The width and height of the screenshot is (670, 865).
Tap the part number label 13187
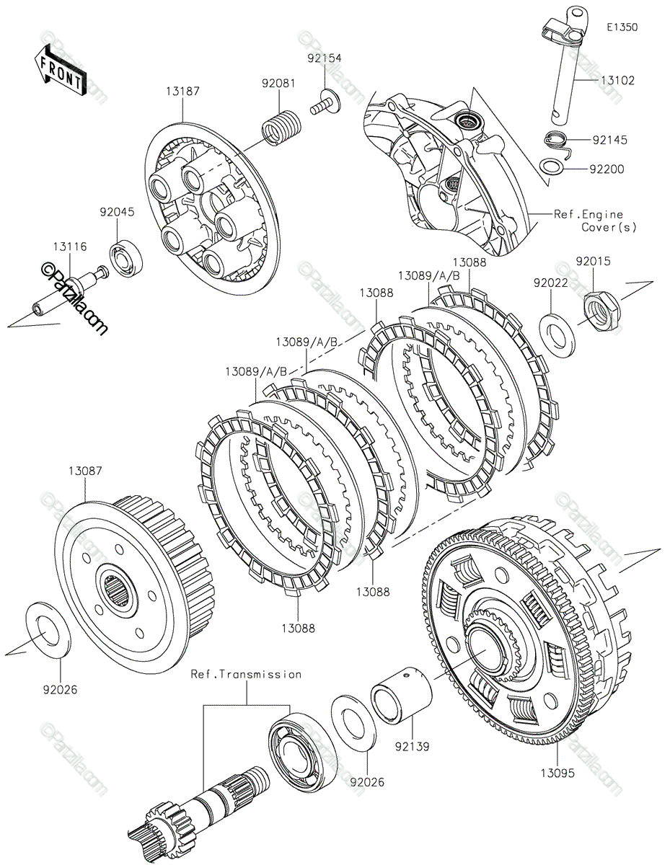point(182,92)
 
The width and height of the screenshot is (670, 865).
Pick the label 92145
point(609,139)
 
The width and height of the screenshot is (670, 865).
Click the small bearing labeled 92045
point(127,259)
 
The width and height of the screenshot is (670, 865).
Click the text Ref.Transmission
point(246,675)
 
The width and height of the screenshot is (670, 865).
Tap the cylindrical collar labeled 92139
point(401,696)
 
